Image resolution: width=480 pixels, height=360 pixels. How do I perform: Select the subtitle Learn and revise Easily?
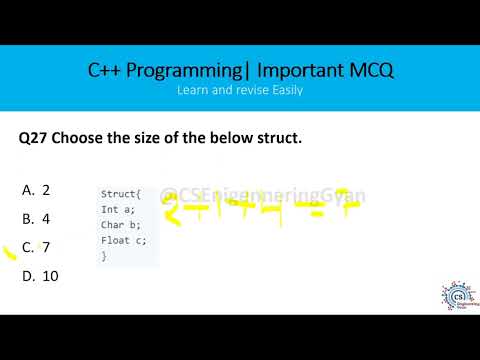point(240,89)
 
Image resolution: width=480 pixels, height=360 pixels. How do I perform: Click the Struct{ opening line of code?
point(121,193)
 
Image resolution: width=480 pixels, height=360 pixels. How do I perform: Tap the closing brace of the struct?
point(103,257)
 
